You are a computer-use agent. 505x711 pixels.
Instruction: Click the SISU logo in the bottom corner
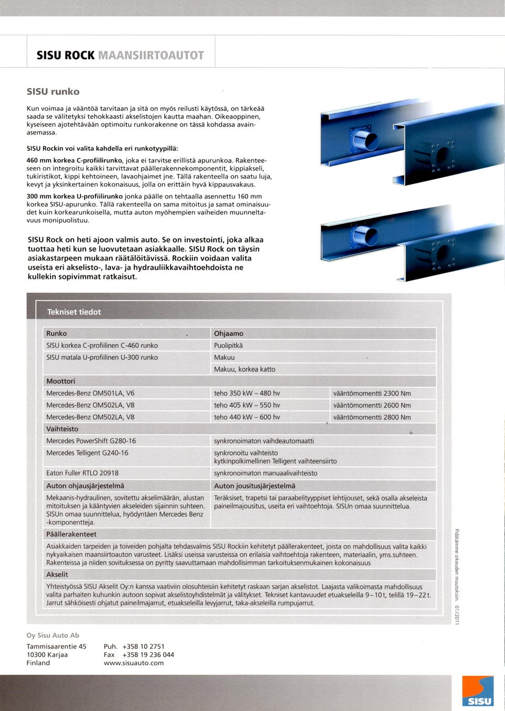coord(478,691)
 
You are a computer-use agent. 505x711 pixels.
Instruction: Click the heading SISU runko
coord(53,91)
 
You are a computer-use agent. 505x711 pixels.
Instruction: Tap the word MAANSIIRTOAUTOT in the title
coord(151,55)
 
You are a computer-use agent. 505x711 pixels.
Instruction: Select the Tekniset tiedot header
coord(74,312)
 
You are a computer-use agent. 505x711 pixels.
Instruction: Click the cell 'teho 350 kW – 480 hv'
coord(247,393)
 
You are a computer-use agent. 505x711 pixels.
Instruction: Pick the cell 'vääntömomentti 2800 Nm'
coord(372,417)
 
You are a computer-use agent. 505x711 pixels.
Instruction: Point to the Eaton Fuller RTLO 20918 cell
coord(83,473)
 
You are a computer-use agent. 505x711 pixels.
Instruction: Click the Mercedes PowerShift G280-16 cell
coord(91,441)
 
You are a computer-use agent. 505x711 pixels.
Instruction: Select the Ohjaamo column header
coord(229,333)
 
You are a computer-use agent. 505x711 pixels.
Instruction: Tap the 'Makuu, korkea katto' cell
coord(245,369)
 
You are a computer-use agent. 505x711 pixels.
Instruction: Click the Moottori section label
coord(60,381)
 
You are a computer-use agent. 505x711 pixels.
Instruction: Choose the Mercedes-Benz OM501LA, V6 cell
coord(90,393)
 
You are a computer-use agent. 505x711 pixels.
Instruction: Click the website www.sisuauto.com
coord(134,663)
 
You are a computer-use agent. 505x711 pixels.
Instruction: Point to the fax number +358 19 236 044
coord(148,655)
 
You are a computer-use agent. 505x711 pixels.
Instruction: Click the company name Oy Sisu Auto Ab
coord(53,635)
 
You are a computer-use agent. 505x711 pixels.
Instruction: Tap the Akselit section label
coord(57,574)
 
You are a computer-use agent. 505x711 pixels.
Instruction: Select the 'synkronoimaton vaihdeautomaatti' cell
coord(264,441)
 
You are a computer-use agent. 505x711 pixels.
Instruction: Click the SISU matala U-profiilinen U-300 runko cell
coord(102,357)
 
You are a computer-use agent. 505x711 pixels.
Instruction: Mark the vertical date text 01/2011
coord(457,614)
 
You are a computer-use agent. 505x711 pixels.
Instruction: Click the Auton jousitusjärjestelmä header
coord(255,486)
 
